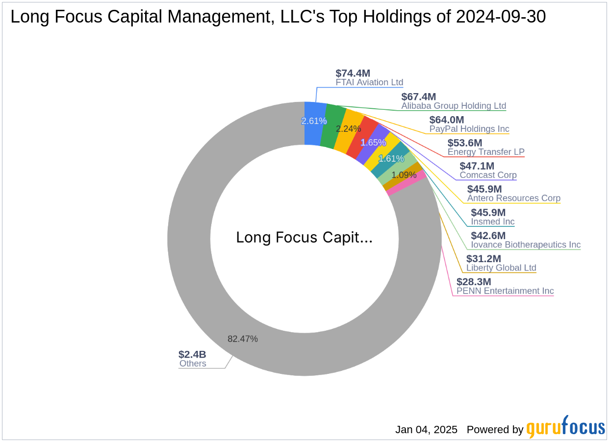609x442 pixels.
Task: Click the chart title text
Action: pos(278,17)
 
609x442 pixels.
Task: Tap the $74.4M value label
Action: pos(353,73)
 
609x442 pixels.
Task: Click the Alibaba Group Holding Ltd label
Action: pos(454,106)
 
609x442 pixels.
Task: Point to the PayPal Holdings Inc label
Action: pos(469,129)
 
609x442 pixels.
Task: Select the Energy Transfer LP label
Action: pos(486,152)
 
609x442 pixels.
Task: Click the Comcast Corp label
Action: pos(488,175)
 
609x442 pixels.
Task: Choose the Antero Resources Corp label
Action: pos(513,198)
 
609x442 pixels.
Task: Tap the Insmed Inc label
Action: pos(493,221)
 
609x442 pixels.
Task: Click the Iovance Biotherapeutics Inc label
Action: pos(526,245)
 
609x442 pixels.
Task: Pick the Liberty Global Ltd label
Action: pos(501,268)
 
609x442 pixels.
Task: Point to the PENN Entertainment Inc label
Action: pos(505,291)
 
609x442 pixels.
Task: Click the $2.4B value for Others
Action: pos(192,354)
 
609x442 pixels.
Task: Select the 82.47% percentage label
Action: pos(243,339)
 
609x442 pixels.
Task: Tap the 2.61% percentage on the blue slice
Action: pos(314,121)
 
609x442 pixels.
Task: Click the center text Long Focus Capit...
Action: pos(304,237)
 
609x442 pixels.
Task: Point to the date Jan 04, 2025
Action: pos(426,430)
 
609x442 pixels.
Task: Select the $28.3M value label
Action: pos(474,282)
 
